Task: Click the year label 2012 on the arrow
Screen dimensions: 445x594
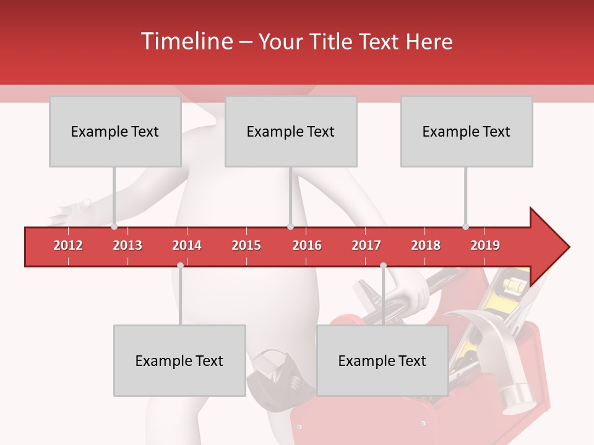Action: [68, 245]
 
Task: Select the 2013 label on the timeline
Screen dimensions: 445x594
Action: [127, 245]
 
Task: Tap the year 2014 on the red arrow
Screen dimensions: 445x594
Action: [187, 245]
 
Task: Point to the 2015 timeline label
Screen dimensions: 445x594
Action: [246, 245]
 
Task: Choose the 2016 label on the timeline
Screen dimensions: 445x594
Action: [307, 245]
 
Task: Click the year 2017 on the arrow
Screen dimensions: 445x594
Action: [366, 245]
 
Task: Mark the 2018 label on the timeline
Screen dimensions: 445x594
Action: [426, 245]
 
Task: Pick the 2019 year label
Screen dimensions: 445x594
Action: [485, 245]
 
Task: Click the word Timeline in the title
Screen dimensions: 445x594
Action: [186, 41]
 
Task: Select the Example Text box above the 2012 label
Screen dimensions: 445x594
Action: [115, 131]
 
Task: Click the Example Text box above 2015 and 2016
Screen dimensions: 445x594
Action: [291, 131]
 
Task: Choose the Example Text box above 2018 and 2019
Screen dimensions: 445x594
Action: [467, 131]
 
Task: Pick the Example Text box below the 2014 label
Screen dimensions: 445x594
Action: [179, 360]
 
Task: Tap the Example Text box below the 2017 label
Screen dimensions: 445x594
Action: [382, 360]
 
